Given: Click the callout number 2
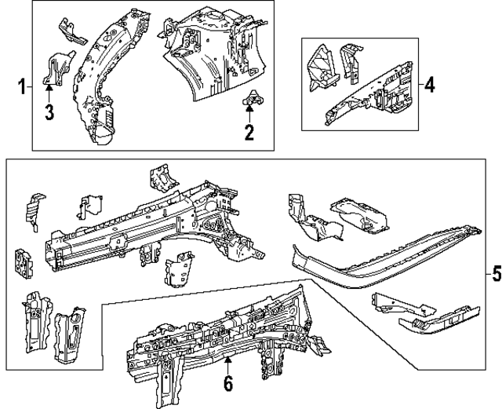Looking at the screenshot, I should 249,132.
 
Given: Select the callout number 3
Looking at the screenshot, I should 49,112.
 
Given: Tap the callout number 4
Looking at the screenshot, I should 428,83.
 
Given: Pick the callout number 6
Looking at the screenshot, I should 227,384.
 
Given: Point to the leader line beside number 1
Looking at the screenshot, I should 29,85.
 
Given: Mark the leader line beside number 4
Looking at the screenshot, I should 419,83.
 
